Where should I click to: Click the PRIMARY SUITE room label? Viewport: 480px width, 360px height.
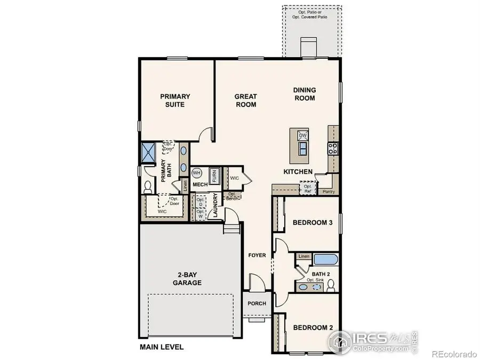coord(175,100)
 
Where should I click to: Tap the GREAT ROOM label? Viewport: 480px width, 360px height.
coord(246,100)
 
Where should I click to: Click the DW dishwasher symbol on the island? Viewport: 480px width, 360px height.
coord(302,135)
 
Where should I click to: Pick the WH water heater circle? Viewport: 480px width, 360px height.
coord(196,173)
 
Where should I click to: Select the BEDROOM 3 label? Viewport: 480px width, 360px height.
coord(313,223)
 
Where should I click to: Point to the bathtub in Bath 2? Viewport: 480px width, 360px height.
coord(326,260)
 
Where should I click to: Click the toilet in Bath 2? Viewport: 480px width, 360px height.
coord(331,286)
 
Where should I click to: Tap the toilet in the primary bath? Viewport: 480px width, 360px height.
coord(148,187)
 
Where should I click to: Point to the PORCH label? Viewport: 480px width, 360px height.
coord(257,303)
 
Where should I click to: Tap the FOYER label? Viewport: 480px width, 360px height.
coord(257,255)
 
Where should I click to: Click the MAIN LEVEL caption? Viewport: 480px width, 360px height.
coord(162,347)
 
